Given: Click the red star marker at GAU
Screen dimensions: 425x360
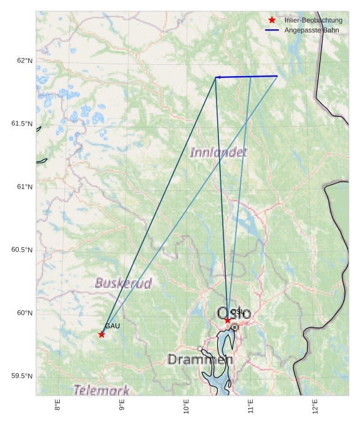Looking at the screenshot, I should pyautogui.click(x=102, y=335).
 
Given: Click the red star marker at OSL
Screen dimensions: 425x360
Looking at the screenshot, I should pyautogui.click(x=228, y=320).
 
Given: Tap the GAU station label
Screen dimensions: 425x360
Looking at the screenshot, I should pyautogui.click(x=112, y=326).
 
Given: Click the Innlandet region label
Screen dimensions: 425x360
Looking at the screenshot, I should pyautogui.click(x=218, y=152).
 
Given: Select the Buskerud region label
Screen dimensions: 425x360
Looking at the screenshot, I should pyautogui.click(x=123, y=283).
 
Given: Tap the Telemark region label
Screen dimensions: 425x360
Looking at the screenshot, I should pyautogui.click(x=102, y=390).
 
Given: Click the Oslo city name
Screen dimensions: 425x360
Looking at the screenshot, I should pyautogui.click(x=234, y=313).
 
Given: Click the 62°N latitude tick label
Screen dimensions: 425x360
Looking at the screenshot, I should pyautogui.click(x=24, y=61).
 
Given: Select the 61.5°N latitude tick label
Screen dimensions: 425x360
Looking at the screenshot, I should pyautogui.click(x=22, y=124).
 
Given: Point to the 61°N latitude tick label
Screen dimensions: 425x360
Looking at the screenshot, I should pyautogui.click(x=24, y=187).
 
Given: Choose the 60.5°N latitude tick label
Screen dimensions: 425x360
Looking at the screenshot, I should pyautogui.click(x=22, y=250).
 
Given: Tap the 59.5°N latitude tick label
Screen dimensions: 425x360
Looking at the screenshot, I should pyautogui.click(x=22, y=376).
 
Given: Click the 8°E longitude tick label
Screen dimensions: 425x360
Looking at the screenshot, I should pyautogui.click(x=57, y=406).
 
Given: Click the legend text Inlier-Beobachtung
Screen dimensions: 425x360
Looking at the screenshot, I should pyautogui.click(x=313, y=20).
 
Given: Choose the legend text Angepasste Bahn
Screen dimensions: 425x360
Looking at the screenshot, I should pyautogui.click(x=312, y=30).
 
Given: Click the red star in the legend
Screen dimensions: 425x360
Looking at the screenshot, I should pyautogui.click(x=271, y=20).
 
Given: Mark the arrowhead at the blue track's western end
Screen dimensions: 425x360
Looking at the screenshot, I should pyautogui.click(x=217, y=77).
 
